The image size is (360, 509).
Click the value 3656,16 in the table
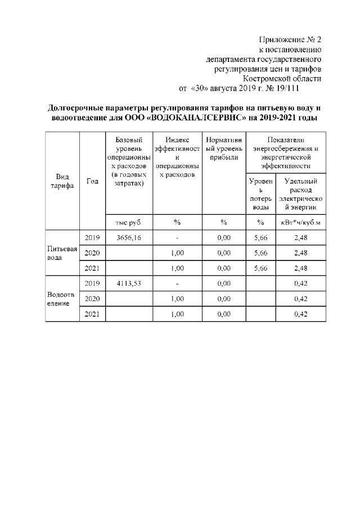click(x=129, y=238)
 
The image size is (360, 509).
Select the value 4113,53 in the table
click(x=129, y=283)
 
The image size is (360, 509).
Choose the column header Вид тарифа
click(x=62, y=181)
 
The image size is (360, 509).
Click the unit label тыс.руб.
click(x=129, y=222)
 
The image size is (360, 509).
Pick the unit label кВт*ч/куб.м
click(x=300, y=222)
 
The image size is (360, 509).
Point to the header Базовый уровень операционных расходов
click(x=129, y=161)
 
